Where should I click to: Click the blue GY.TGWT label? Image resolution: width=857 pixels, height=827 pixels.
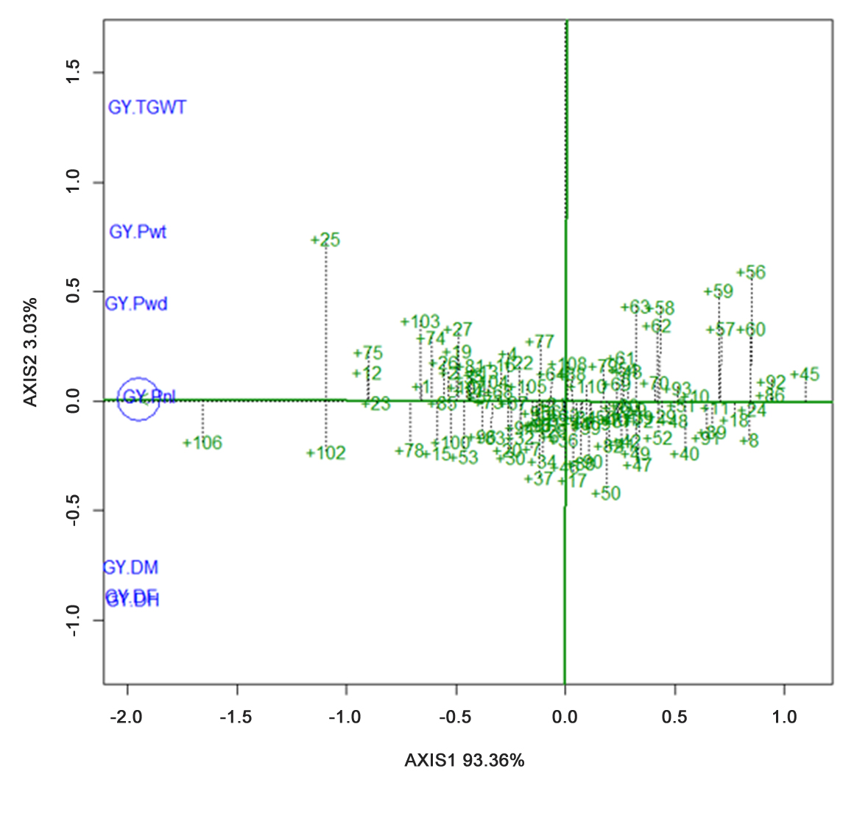coord(147,107)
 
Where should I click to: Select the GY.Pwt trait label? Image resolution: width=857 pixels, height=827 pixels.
coord(138,232)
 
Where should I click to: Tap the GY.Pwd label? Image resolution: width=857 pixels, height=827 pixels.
coord(136,304)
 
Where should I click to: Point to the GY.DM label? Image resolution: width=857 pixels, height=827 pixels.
coord(130,567)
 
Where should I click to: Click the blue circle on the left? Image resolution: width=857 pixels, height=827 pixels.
coord(138,400)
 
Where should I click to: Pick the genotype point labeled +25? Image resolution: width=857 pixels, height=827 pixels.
coord(325,240)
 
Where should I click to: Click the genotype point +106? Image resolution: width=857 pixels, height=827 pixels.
coord(202,443)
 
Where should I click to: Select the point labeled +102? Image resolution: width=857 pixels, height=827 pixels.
coord(326,453)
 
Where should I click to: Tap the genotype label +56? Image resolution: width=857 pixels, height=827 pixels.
coord(751,272)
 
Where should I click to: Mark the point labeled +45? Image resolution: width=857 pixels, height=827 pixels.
coord(805,375)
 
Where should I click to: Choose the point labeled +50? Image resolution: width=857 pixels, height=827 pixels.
coord(606,494)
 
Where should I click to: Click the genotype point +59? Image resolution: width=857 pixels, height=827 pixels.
coord(719,291)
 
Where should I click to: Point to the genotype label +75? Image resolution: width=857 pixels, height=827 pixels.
coord(368,354)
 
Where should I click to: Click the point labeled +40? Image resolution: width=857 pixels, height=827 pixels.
coord(685,455)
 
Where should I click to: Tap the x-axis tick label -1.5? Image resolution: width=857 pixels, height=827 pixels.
coord(237,717)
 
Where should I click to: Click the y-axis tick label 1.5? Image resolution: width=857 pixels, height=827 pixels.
coord(73,73)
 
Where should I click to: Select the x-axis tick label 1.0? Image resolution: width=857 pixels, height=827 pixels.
coord(784,717)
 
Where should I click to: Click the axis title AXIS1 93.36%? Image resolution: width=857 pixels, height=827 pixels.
coord(465,760)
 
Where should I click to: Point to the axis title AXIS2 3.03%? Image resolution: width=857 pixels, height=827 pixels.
coord(30,352)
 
